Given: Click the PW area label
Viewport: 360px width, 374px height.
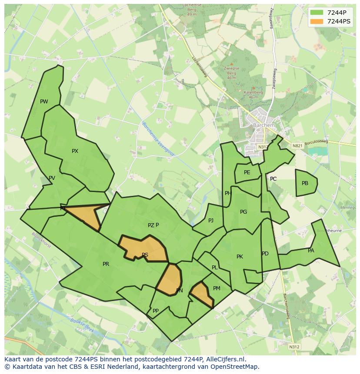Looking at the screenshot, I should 44,102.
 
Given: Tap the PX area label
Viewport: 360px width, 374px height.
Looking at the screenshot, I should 75,151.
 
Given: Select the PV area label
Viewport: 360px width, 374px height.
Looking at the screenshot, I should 52,178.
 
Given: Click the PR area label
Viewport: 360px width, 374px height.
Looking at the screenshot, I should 106,264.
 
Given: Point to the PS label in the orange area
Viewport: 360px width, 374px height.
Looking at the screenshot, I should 145,255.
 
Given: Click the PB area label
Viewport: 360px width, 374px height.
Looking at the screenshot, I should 305,183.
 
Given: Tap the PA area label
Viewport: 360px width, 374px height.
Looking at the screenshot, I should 311,251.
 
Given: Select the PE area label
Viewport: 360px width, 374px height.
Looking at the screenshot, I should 247,172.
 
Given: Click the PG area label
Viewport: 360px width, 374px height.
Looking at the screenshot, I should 243,212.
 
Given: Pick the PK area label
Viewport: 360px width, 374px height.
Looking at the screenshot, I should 240,257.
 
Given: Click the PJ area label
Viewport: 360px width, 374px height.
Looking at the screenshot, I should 211,221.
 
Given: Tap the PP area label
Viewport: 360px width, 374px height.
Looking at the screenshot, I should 156,311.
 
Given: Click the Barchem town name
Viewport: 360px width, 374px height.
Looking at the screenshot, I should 263,126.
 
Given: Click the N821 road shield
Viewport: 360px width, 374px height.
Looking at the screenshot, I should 297,146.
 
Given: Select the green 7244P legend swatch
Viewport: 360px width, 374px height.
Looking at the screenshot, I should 317,13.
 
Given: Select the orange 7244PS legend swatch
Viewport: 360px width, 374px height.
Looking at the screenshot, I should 317,21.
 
